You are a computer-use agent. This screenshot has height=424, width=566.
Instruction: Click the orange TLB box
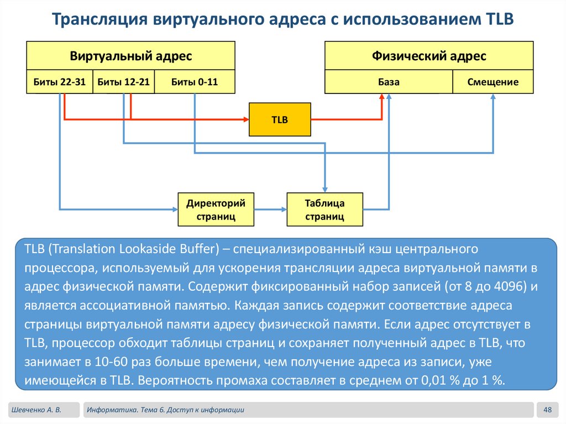[280, 119]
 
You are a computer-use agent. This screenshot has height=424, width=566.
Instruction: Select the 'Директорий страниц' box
[216, 210]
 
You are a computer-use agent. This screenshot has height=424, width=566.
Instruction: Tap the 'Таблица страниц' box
[324, 210]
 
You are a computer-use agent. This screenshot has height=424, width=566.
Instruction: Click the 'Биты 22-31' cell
[59, 82]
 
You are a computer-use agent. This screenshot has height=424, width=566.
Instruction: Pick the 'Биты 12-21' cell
[123, 82]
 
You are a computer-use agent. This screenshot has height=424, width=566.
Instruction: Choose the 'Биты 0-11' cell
[195, 82]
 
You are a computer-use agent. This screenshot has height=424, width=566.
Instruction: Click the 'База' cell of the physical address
[389, 82]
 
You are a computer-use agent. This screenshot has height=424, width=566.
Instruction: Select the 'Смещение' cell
[493, 82]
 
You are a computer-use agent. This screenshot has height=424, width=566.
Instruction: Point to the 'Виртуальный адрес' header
[130, 56]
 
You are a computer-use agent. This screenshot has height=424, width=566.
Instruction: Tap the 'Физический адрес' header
[429, 56]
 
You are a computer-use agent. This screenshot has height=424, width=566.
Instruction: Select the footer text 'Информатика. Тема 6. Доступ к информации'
[165, 410]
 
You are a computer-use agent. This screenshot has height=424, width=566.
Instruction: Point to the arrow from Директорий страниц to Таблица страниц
[270, 210]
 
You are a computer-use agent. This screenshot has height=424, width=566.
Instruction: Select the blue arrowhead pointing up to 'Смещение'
[493, 96]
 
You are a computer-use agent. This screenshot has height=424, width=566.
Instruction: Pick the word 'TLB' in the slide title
[499, 20]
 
